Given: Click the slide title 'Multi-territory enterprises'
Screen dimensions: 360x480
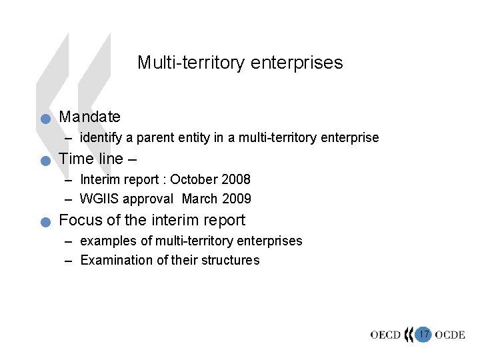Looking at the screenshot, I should pyautogui.click(x=240, y=63).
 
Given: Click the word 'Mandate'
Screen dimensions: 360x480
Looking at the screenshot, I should pyautogui.click(x=90, y=117).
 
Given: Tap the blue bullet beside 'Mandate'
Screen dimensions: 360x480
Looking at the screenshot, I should pyautogui.click(x=45, y=120).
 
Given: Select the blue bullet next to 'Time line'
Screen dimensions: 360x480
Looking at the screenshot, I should pyautogui.click(x=45, y=161).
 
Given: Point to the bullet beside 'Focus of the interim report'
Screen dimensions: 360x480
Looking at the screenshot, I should pyautogui.click(x=45, y=223).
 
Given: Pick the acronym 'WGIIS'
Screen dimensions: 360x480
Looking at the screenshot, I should pyautogui.click(x=100, y=199).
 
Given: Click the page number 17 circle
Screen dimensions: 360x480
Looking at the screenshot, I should pyautogui.click(x=423, y=333).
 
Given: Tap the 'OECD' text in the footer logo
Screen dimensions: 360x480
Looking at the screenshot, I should pyautogui.click(x=386, y=335).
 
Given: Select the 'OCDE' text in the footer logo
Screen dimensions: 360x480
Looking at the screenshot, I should pyautogui.click(x=449, y=335).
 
